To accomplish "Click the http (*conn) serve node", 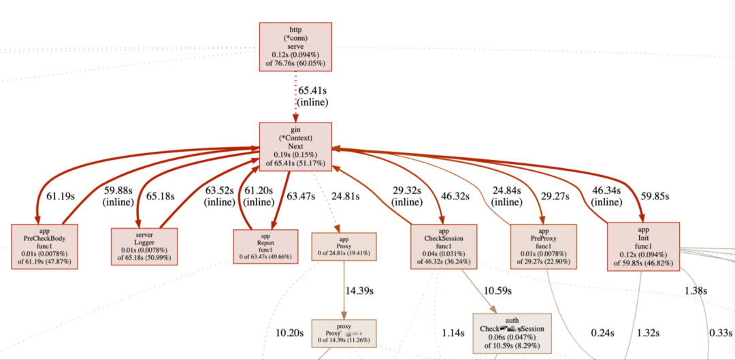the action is coord(295,47).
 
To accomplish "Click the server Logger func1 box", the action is coord(144,245).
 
